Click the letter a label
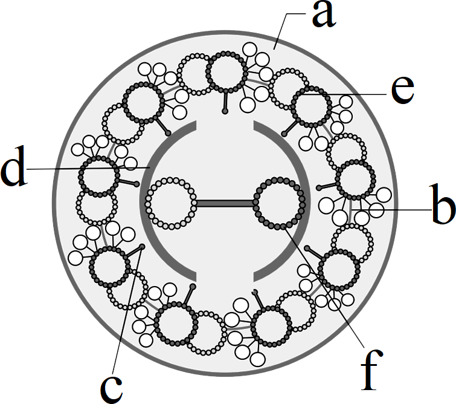tap(324, 15)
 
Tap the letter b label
tap(443, 204)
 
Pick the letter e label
tap(403, 90)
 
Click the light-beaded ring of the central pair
tap(171, 203)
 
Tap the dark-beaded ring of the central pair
tap(280, 203)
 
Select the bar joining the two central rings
tap(225, 203)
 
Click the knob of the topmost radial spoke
tap(225, 111)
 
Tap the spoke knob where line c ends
tap(142, 247)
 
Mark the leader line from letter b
tap(391, 209)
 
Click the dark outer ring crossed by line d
tap(99, 177)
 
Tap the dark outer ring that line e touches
tap(311, 106)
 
